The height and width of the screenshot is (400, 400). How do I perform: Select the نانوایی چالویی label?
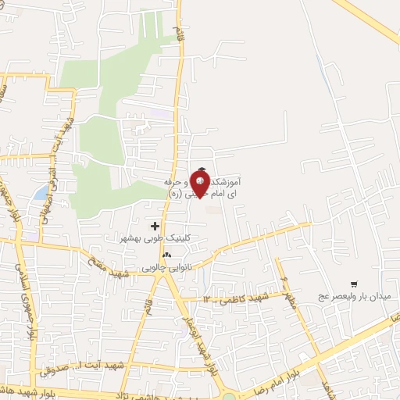pos(166,267)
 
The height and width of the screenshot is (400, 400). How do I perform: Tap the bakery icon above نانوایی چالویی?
pos(166,255)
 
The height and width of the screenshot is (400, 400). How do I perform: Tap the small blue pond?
pos(40,192)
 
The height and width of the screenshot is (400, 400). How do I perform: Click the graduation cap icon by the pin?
pos(202,169)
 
